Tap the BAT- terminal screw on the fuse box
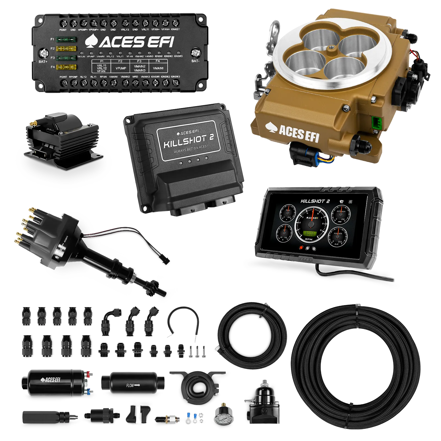(x=195, y=52)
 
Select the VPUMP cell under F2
(x=120, y=68)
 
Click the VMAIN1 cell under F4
(x=158, y=68)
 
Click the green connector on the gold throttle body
(x=375, y=122)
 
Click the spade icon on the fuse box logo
(x=90, y=41)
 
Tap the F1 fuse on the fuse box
(x=66, y=39)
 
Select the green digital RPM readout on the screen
(x=310, y=233)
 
